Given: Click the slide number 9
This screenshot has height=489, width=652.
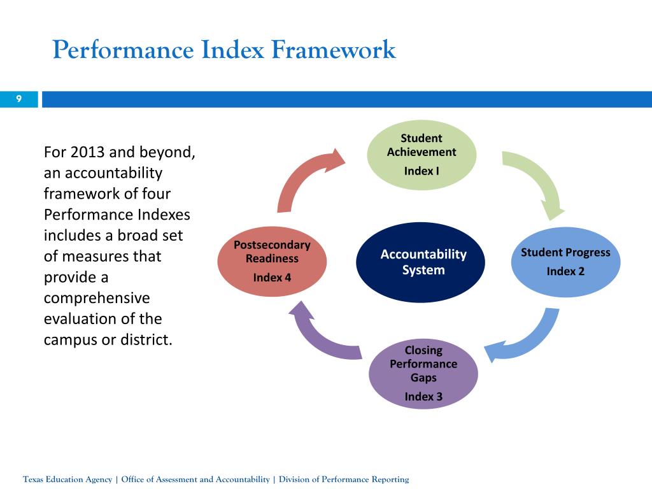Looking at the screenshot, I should pyautogui.click(x=19, y=99).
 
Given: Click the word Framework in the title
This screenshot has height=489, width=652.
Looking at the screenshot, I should pyautogui.click(x=334, y=50).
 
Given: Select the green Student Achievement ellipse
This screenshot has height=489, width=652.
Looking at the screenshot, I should pyautogui.click(x=422, y=155).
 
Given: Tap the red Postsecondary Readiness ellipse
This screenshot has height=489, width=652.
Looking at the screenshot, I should pyautogui.click(x=272, y=262).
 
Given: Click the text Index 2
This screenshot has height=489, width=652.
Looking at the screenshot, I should pyautogui.click(x=565, y=271).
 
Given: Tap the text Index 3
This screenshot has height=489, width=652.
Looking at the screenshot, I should pyautogui.click(x=423, y=397).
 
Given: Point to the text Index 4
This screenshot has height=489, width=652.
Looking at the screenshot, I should pyautogui.click(x=272, y=278).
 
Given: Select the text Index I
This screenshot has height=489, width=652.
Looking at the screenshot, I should pyautogui.click(x=422, y=171).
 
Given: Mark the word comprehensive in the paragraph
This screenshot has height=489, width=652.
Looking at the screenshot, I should pyautogui.click(x=96, y=298).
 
